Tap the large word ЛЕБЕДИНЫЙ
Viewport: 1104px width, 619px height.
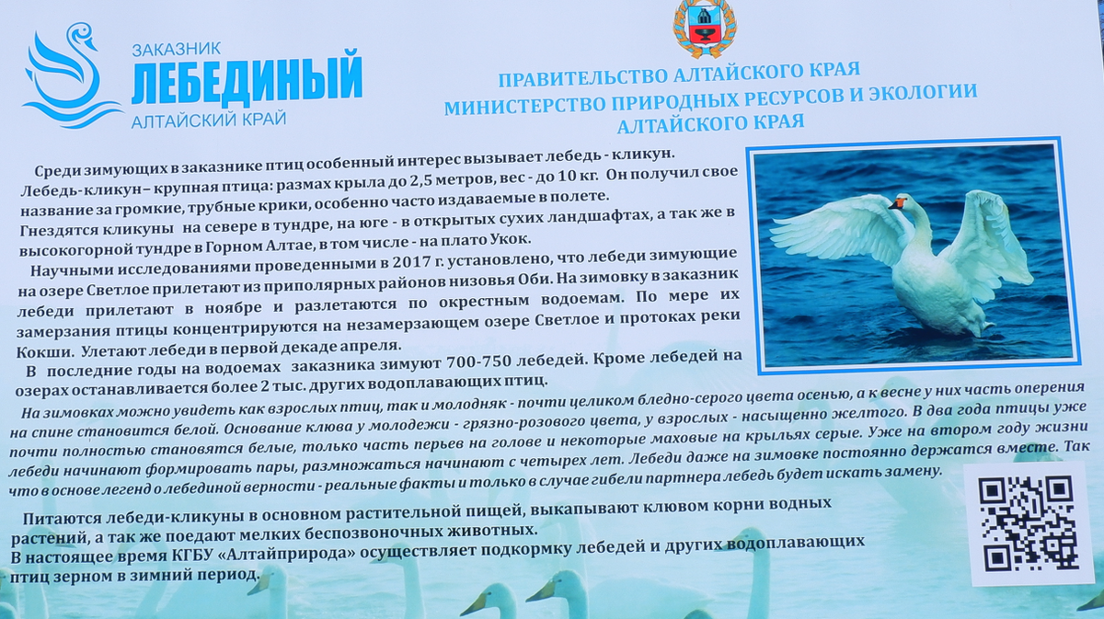pos(246,81)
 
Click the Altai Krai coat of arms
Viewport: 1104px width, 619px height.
pos(704,27)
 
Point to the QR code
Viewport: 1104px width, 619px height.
pos(1028,522)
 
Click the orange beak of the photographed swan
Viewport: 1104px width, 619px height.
pos(894,202)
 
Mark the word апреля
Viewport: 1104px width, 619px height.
pos(372,347)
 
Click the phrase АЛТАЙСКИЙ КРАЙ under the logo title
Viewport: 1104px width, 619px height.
pos(209,120)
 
